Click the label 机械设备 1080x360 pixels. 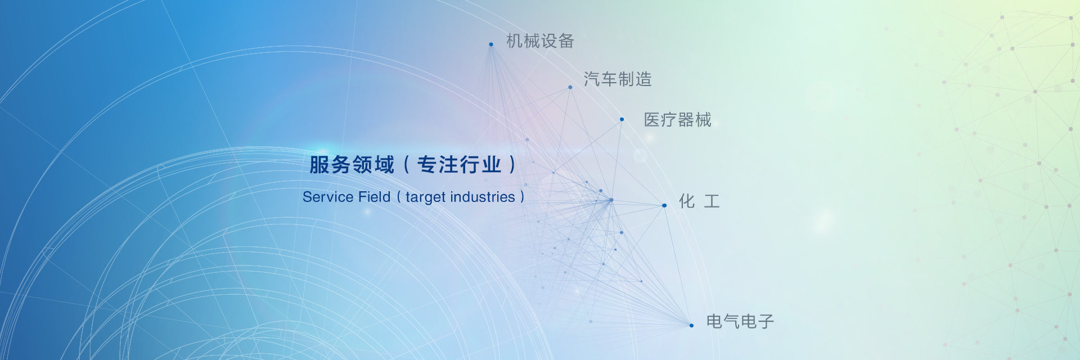click(x=540, y=41)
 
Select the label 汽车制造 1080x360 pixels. click(x=618, y=79)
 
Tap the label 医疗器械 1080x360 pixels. click(x=677, y=120)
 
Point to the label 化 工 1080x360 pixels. click(x=699, y=201)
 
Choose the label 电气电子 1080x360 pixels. click(x=740, y=322)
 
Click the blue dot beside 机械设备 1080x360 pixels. click(x=491, y=44)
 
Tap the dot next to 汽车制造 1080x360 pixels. click(x=570, y=87)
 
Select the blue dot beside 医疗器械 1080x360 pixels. click(x=622, y=119)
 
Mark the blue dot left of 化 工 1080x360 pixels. click(x=664, y=205)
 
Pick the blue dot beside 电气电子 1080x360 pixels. click(x=691, y=325)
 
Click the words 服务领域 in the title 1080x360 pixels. click(x=352, y=165)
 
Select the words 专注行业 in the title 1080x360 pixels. click(x=459, y=165)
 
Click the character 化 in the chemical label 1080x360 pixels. click(x=687, y=201)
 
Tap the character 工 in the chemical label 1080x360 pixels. click(x=712, y=201)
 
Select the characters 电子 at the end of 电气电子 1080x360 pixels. click(x=758, y=322)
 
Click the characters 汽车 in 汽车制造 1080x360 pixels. click(x=600, y=79)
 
